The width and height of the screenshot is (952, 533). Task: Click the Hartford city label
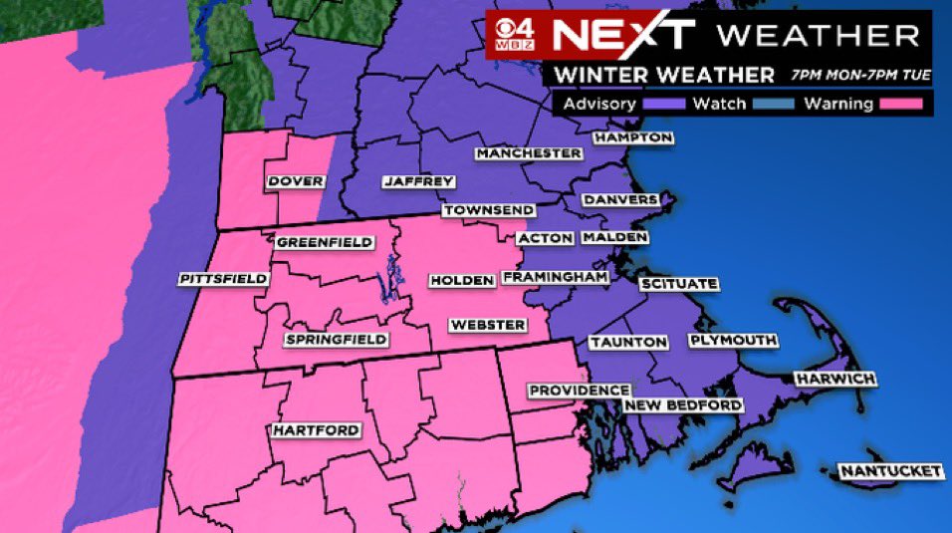(316, 430)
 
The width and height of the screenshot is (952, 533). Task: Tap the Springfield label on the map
(337, 340)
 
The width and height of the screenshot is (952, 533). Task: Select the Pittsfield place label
(224, 279)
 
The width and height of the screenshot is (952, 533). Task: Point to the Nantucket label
(889, 470)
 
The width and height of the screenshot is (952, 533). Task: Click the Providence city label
(579, 391)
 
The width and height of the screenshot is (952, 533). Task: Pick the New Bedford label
(683, 405)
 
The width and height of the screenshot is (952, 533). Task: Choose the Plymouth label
(733, 341)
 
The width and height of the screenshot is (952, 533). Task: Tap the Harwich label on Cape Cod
(834, 380)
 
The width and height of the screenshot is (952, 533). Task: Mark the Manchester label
(528, 153)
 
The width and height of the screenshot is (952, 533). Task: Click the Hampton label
(633, 137)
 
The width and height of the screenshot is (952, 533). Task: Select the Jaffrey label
(419, 182)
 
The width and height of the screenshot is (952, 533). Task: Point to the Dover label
(296, 181)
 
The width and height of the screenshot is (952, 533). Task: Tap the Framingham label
(555, 277)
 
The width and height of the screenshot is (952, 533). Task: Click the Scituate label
(678, 284)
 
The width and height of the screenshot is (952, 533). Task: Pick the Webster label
(488, 325)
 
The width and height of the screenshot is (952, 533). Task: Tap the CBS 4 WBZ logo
(517, 36)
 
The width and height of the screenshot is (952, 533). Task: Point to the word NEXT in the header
(622, 35)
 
